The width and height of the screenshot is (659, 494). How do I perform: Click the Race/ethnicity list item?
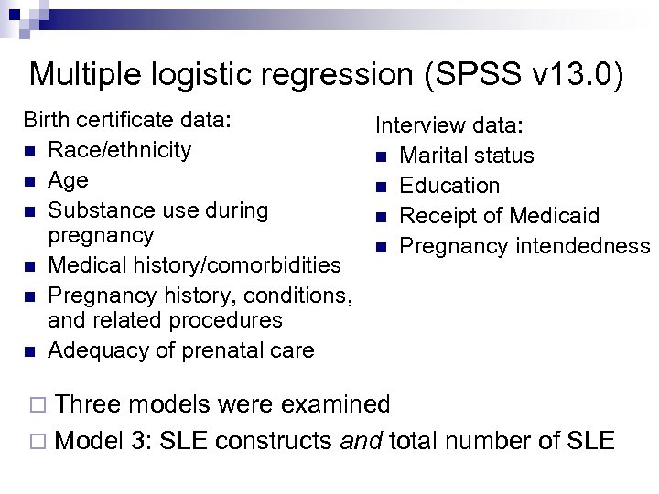120,149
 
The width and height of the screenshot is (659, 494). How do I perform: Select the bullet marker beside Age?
30,181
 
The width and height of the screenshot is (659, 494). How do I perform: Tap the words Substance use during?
158,209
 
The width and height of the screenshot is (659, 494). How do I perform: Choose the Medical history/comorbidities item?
194,265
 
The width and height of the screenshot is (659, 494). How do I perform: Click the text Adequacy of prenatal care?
180,349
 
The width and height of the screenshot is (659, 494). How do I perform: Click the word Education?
450,186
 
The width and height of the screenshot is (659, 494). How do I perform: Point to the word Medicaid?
556,216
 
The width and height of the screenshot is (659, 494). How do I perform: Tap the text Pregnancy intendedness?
524,246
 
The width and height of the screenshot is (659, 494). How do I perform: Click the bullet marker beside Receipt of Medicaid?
383,217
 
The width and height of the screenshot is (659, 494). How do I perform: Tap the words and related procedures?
165,320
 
